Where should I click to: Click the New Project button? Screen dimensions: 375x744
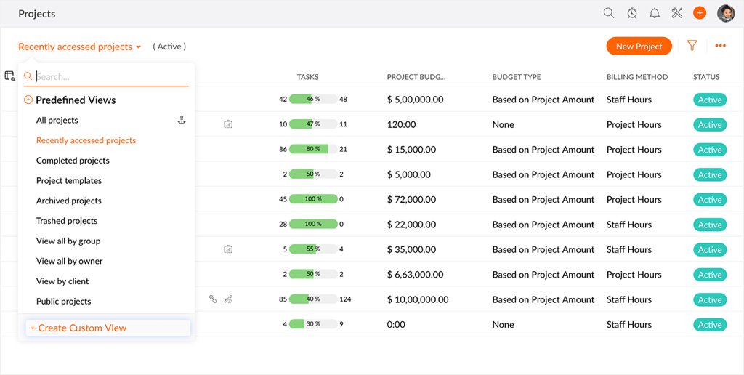pos(639,47)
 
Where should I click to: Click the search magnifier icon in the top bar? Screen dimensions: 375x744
pos(609,13)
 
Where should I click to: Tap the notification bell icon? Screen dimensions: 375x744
pos(655,13)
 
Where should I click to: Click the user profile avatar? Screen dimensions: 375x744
pos(725,13)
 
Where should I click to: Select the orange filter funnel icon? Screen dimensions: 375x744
pos(692,46)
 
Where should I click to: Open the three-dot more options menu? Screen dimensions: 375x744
pos(720,46)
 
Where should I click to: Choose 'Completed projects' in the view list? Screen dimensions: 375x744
pos(73,161)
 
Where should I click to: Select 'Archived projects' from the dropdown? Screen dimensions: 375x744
pos(69,201)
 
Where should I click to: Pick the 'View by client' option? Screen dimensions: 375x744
pos(62,281)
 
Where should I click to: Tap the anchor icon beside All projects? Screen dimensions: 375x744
pos(182,120)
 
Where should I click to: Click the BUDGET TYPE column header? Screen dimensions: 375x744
pos(517,77)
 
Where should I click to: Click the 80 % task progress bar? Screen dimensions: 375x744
pos(313,150)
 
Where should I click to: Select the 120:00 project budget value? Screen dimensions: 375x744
pos(402,124)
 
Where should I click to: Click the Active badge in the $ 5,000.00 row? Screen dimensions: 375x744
pos(710,174)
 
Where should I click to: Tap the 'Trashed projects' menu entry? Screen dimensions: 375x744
pos(67,221)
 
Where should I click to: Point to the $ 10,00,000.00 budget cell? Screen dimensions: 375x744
pos(418,299)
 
